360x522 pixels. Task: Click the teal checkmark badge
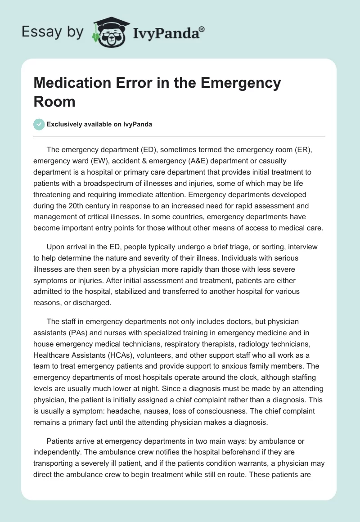point(39,125)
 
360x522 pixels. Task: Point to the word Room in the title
point(54,102)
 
